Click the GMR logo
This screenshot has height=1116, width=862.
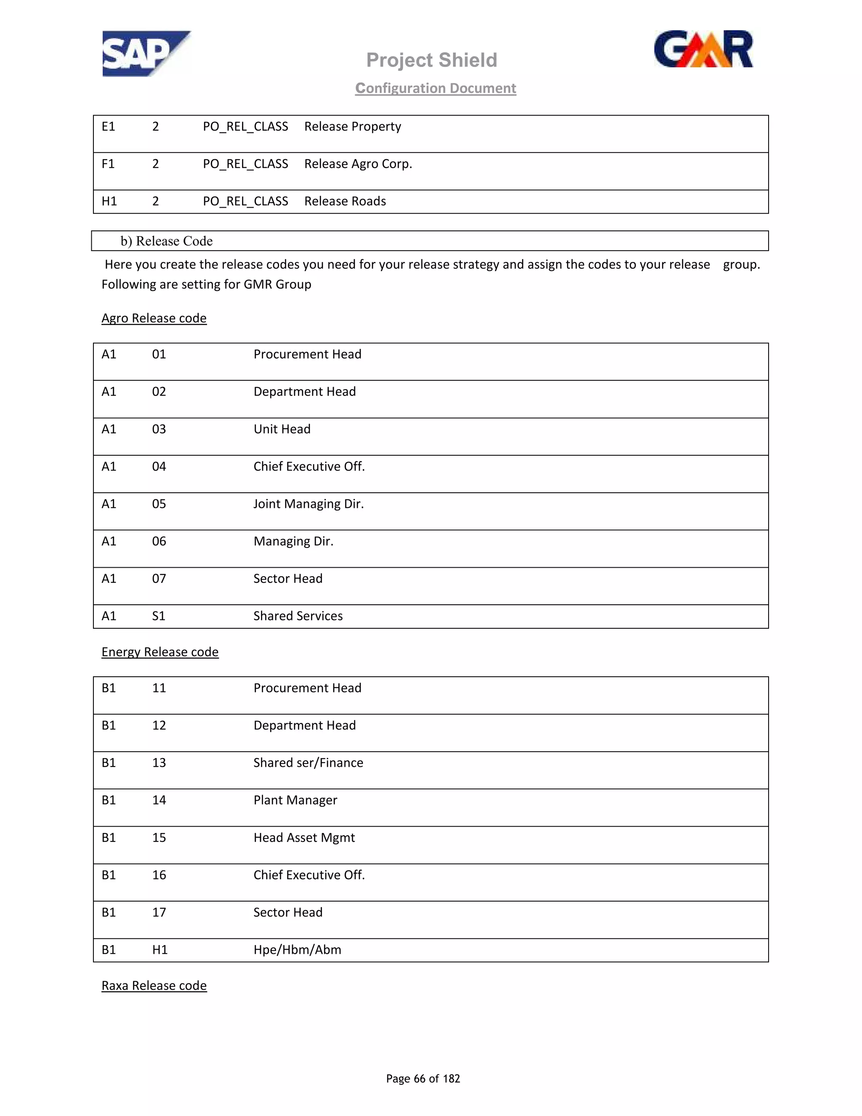[x=703, y=50]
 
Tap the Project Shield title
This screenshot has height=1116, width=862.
[x=431, y=60]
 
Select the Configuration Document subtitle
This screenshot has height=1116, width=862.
[x=436, y=88]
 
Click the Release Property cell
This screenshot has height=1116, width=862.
[x=352, y=126]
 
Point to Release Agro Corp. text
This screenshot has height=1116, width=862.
[x=358, y=163]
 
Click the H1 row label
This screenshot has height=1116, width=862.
[x=109, y=201]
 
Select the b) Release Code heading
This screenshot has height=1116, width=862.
[x=167, y=241]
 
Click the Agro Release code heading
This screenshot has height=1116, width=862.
[x=154, y=318]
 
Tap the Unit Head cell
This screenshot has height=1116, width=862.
[x=282, y=429]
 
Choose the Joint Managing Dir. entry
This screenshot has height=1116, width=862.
[x=309, y=504]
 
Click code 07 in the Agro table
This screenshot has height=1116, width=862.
[x=159, y=579]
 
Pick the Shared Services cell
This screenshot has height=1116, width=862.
[x=298, y=616]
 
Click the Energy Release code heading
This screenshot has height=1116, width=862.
[x=160, y=652]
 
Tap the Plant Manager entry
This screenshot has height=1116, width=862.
[x=295, y=800]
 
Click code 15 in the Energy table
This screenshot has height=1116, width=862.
[x=159, y=838]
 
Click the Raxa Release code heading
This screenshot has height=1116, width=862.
[x=154, y=986]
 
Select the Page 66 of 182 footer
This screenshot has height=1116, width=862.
[x=423, y=1078]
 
